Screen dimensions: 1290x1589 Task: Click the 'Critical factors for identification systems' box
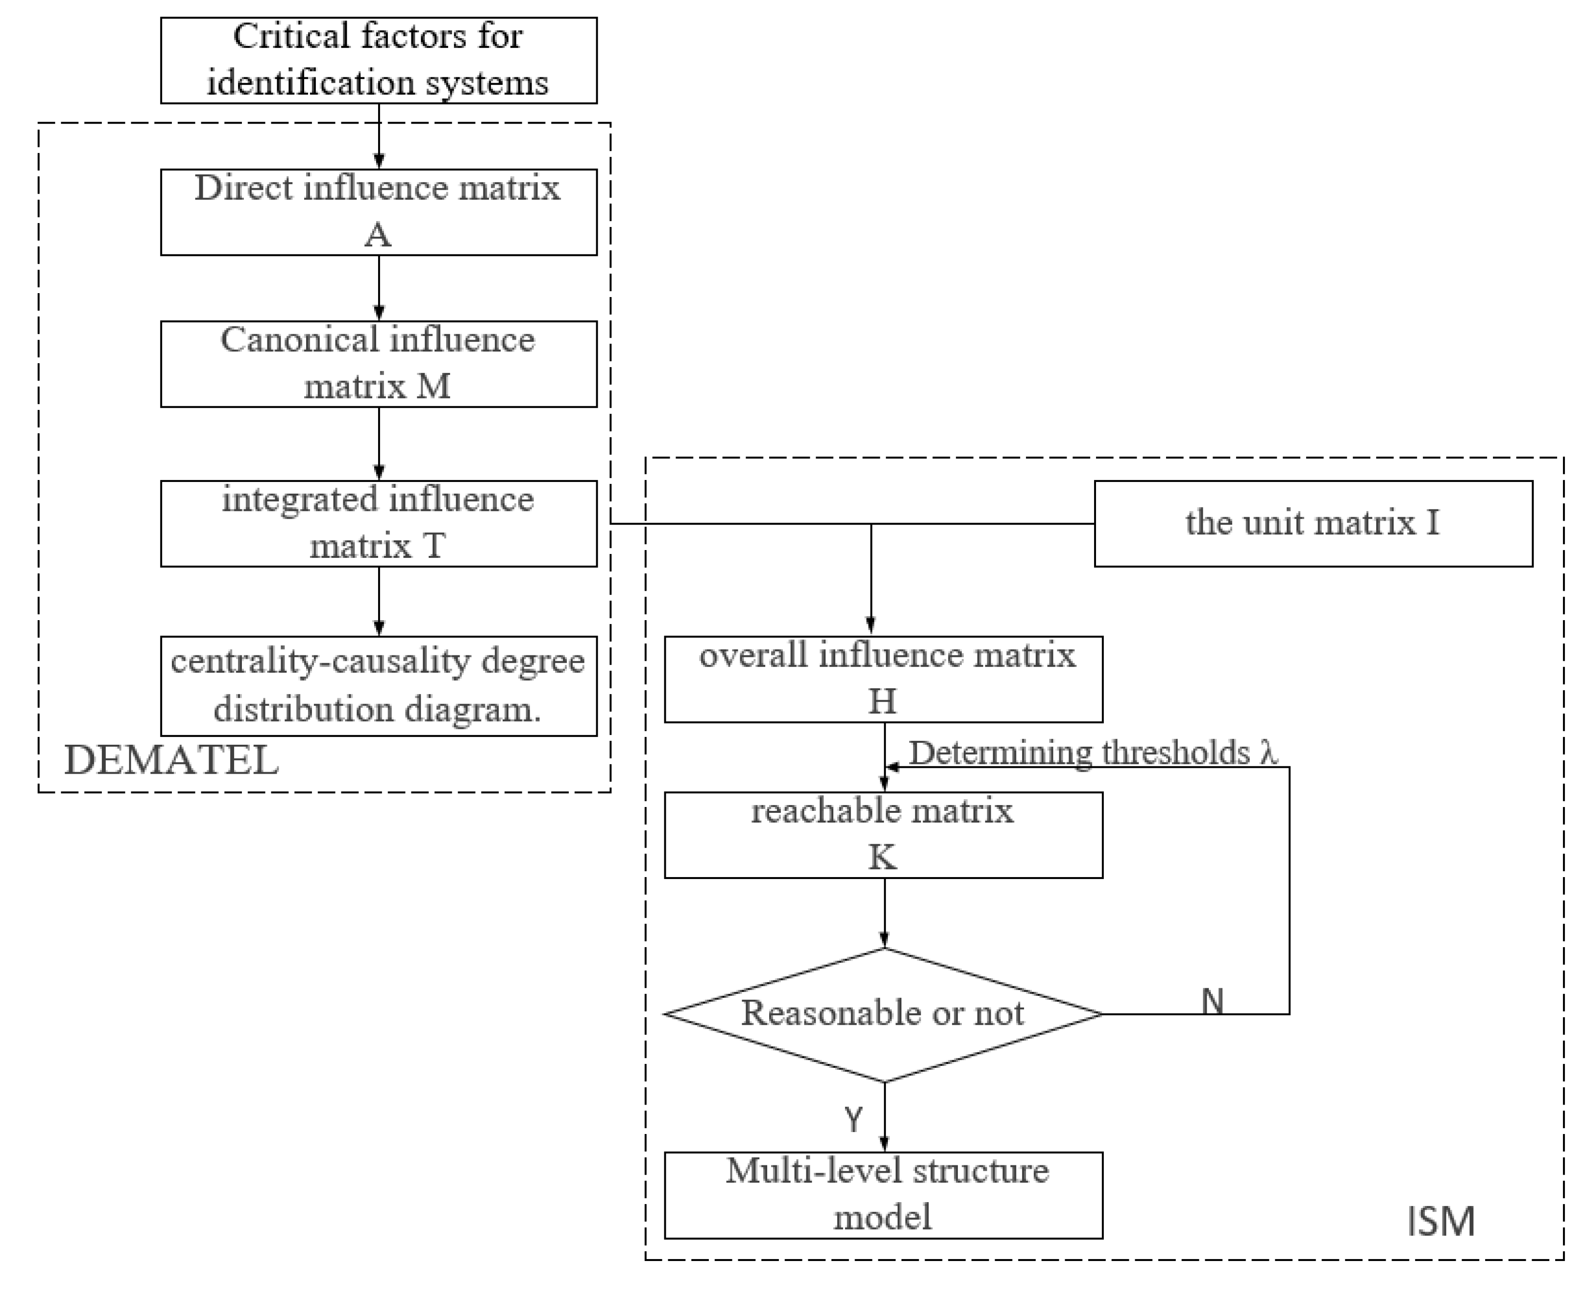(378, 60)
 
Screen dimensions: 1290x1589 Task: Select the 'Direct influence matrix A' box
(378, 212)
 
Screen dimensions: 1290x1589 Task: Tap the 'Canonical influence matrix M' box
(378, 363)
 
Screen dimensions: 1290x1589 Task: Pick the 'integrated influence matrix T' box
(378, 523)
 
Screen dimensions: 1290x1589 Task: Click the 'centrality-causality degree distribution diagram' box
(378, 685)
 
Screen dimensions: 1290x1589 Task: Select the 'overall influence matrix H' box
(883, 679)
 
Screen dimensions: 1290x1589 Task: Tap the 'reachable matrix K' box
(883, 835)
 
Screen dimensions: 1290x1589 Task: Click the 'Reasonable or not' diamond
(883, 1014)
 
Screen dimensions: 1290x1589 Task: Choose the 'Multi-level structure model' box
(883, 1195)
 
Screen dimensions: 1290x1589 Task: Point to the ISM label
(1440, 1221)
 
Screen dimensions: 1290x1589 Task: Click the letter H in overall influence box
(883, 701)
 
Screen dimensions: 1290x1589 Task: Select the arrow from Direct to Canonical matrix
(379, 288)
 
